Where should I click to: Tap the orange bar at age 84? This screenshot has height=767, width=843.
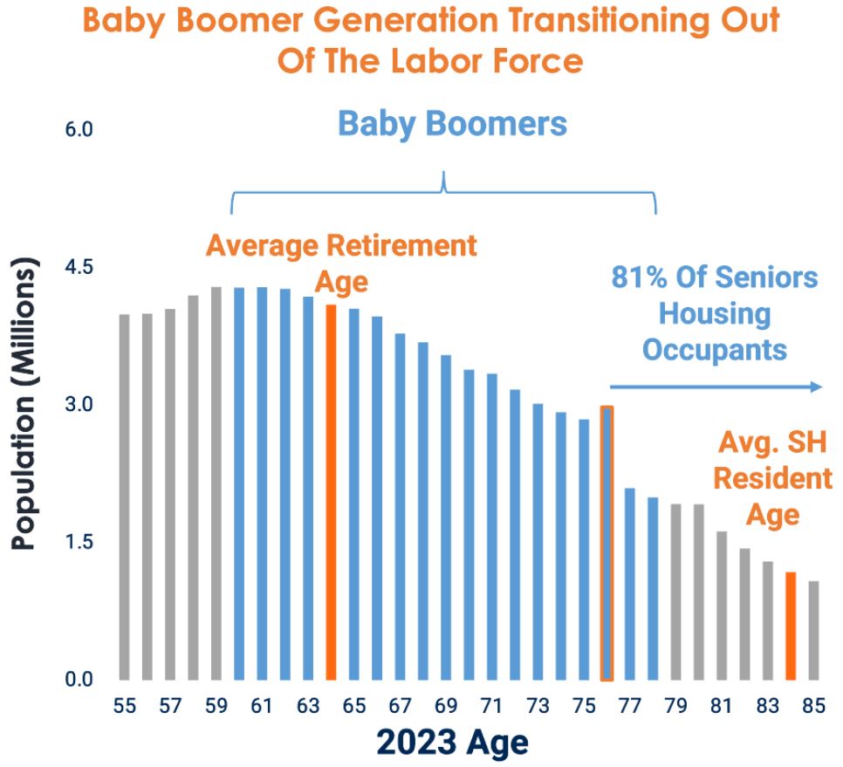791,626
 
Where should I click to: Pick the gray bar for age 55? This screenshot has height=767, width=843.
125,496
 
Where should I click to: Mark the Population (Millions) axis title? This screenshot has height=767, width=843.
25,403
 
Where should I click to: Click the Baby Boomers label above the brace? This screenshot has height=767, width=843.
452,123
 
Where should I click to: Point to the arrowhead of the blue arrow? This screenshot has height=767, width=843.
818,387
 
